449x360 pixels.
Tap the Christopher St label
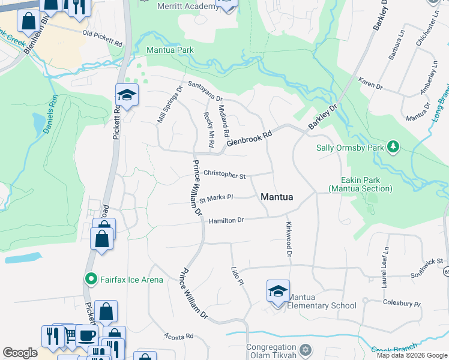click(x=224, y=175)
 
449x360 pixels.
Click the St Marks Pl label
click(x=215, y=197)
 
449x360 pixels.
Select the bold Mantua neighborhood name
click(x=277, y=197)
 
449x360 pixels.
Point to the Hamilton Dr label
click(x=226, y=221)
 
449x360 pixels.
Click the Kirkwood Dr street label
click(x=289, y=239)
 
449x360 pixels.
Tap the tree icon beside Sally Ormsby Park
click(x=393, y=147)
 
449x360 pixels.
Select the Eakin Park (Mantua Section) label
click(x=358, y=184)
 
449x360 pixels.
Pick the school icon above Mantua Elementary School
click(x=278, y=292)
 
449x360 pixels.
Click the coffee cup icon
click(x=86, y=335)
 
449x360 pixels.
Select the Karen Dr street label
click(x=370, y=83)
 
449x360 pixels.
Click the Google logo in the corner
click(x=20, y=353)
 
